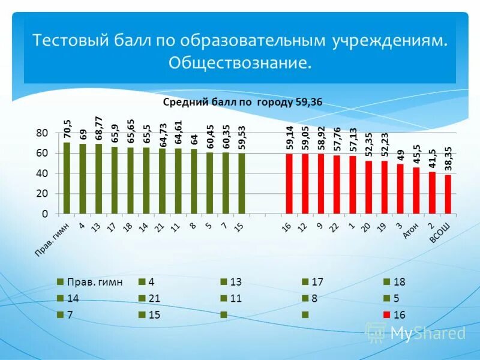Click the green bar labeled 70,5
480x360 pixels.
click(67, 178)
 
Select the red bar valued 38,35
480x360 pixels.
click(448, 194)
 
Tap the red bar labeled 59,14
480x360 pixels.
click(289, 184)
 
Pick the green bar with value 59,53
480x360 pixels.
click(241, 183)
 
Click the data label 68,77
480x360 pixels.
click(98, 129)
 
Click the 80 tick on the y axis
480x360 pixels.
click(43, 133)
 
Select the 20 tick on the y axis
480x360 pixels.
click(43, 193)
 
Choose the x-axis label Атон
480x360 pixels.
click(411, 230)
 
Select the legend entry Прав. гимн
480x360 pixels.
click(91, 282)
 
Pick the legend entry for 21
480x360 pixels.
click(150, 298)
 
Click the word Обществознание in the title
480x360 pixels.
click(240, 62)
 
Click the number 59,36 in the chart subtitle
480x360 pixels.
click(308, 102)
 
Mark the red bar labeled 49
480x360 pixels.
click(400, 188)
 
